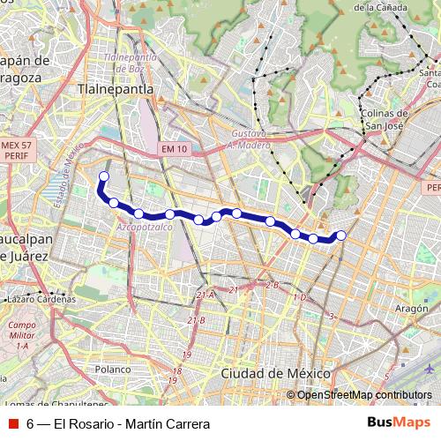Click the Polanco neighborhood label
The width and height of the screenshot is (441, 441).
113,370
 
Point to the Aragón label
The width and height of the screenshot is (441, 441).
411,309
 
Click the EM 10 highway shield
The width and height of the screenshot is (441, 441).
175,149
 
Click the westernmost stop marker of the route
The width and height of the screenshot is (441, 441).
103,176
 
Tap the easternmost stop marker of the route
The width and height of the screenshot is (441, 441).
341,235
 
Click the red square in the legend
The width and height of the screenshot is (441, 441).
13,423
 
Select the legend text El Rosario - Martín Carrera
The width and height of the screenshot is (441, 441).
123,423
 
